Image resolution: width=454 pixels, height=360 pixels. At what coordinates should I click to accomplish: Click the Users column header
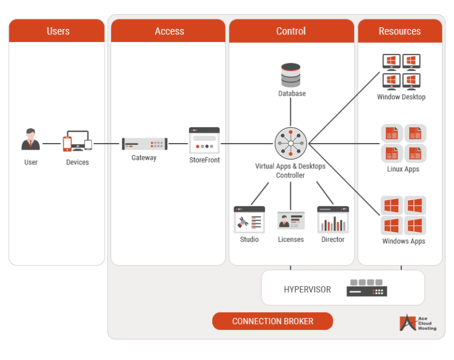(x=57, y=31)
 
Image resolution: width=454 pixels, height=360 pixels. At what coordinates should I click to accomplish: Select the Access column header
(x=169, y=31)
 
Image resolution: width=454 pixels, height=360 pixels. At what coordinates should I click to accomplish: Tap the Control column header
(x=291, y=31)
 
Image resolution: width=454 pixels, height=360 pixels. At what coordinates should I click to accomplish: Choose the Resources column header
(x=400, y=31)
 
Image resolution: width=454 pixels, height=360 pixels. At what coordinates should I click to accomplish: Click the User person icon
(x=31, y=140)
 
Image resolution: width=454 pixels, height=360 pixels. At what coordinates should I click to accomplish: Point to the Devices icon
(x=77, y=142)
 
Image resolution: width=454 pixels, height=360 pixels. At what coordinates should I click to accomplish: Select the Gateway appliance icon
(x=144, y=144)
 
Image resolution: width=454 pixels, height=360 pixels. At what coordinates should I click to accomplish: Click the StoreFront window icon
(x=205, y=140)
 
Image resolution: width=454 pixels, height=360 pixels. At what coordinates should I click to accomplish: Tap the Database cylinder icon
(x=291, y=76)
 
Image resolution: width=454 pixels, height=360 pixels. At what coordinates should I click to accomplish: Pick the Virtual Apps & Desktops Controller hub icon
(x=291, y=144)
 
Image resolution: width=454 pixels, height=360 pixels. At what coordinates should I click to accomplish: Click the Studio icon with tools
(x=249, y=219)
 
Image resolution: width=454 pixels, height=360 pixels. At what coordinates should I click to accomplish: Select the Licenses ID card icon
(x=291, y=220)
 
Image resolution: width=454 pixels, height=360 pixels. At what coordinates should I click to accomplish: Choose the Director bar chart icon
(x=333, y=219)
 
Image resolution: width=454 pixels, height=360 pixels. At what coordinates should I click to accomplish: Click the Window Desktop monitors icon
(x=401, y=72)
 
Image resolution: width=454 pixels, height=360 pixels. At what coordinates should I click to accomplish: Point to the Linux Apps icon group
(x=404, y=144)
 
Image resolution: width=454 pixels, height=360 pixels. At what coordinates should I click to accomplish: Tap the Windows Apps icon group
(x=404, y=216)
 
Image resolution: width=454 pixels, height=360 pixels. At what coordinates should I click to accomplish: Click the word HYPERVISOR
(x=307, y=290)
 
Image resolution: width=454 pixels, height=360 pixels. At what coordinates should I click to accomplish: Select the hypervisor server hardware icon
(x=367, y=288)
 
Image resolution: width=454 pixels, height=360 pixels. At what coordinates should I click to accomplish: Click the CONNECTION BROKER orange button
(x=273, y=321)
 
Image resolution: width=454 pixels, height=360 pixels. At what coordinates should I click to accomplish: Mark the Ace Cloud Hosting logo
(x=418, y=323)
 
